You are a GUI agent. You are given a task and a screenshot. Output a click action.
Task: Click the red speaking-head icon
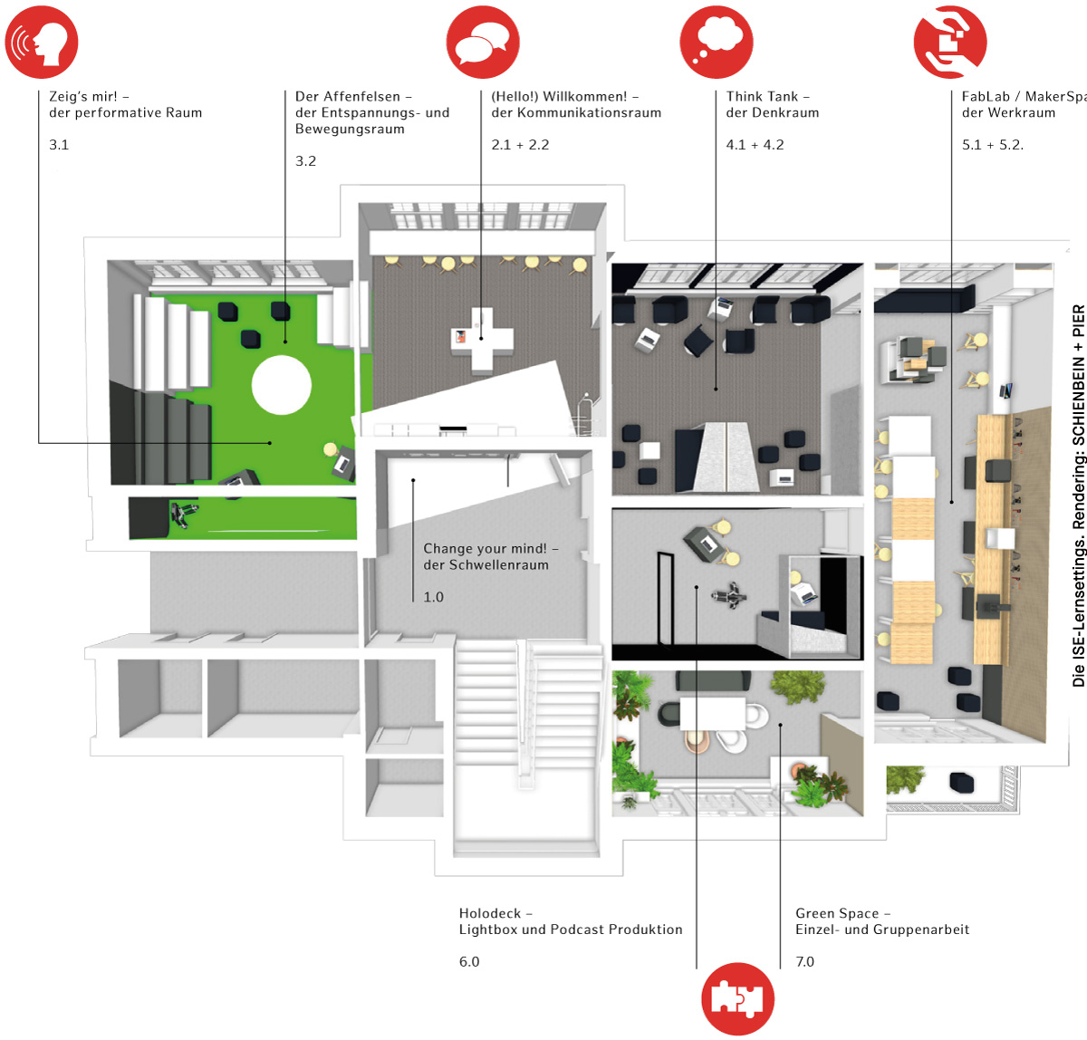pos(42,42)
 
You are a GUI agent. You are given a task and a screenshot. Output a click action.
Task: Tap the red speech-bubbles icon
pos(483,42)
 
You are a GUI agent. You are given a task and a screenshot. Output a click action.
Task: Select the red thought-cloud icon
pos(717,42)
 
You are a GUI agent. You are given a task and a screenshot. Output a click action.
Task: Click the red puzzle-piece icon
pos(737,998)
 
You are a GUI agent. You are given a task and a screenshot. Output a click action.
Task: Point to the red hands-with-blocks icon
pos(950,42)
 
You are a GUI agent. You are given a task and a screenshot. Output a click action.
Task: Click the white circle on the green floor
pos(281,385)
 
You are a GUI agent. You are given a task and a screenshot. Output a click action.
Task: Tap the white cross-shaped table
pos(482,340)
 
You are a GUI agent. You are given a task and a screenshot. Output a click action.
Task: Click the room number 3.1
pos(59,145)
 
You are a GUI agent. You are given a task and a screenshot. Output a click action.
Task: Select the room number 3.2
pos(305,161)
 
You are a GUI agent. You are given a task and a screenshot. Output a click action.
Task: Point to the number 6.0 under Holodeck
pos(469,961)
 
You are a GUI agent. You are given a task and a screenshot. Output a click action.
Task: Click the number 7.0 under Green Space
pos(805,961)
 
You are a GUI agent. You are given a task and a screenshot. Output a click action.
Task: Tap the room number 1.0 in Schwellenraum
pos(434,596)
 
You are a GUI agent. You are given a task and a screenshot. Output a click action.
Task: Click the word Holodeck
pos(490,913)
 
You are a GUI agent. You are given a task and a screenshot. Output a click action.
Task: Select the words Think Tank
pos(762,96)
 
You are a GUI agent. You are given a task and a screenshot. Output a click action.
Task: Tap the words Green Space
pos(837,914)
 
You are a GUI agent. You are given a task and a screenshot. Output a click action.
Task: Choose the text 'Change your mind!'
pos(485,548)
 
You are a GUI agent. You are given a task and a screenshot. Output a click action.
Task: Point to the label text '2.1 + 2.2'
pos(520,145)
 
